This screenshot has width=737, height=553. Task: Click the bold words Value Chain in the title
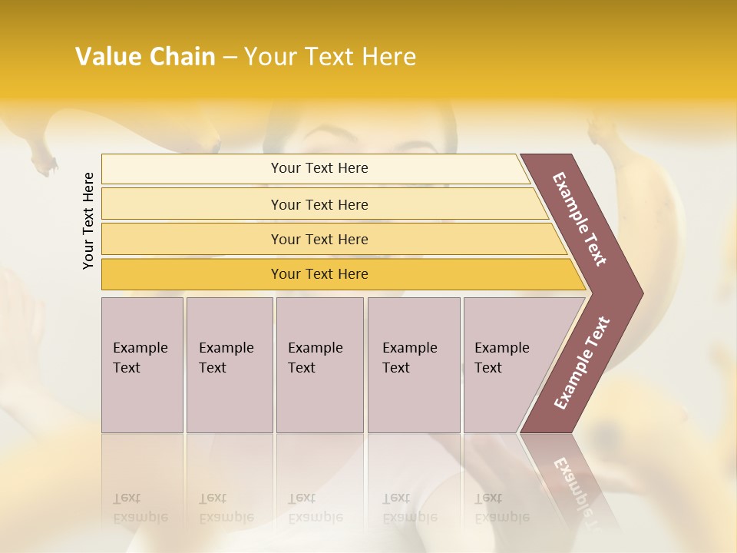click(x=145, y=57)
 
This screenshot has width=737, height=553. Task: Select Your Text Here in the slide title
click(x=330, y=57)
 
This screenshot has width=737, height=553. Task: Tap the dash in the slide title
click(x=230, y=58)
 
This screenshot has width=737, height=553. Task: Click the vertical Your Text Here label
click(x=88, y=220)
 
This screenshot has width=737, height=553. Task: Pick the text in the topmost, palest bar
click(x=319, y=168)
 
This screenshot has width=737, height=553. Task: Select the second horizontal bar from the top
click(x=319, y=204)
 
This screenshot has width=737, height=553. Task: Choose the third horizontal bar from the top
click(x=319, y=239)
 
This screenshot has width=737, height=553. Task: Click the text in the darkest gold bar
click(x=319, y=274)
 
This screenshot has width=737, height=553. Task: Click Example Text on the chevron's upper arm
click(x=580, y=219)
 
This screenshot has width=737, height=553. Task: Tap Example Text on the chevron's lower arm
click(x=582, y=363)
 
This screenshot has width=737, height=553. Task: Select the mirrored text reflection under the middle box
click(x=315, y=507)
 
